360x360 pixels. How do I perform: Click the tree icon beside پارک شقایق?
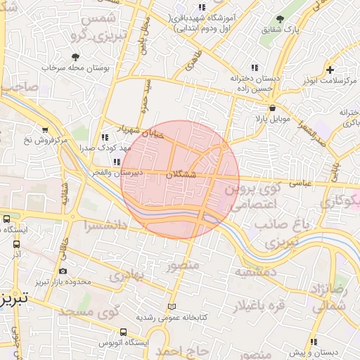click(281, 19)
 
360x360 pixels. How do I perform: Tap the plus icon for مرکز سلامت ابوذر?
click(330, 69)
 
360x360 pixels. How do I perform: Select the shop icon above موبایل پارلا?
click(272, 108)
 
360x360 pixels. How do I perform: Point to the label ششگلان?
click(181, 174)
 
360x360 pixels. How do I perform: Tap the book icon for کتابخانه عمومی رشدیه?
click(173, 307)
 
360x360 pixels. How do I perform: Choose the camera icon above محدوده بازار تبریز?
click(63, 271)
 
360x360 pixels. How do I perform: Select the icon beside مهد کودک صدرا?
click(105, 137)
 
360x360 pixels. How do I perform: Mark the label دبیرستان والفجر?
click(139, 172)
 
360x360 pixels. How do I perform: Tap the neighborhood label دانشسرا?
click(105, 226)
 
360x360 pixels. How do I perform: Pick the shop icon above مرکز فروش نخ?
click(45, 130)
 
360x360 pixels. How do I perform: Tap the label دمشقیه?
click(250, 271)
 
